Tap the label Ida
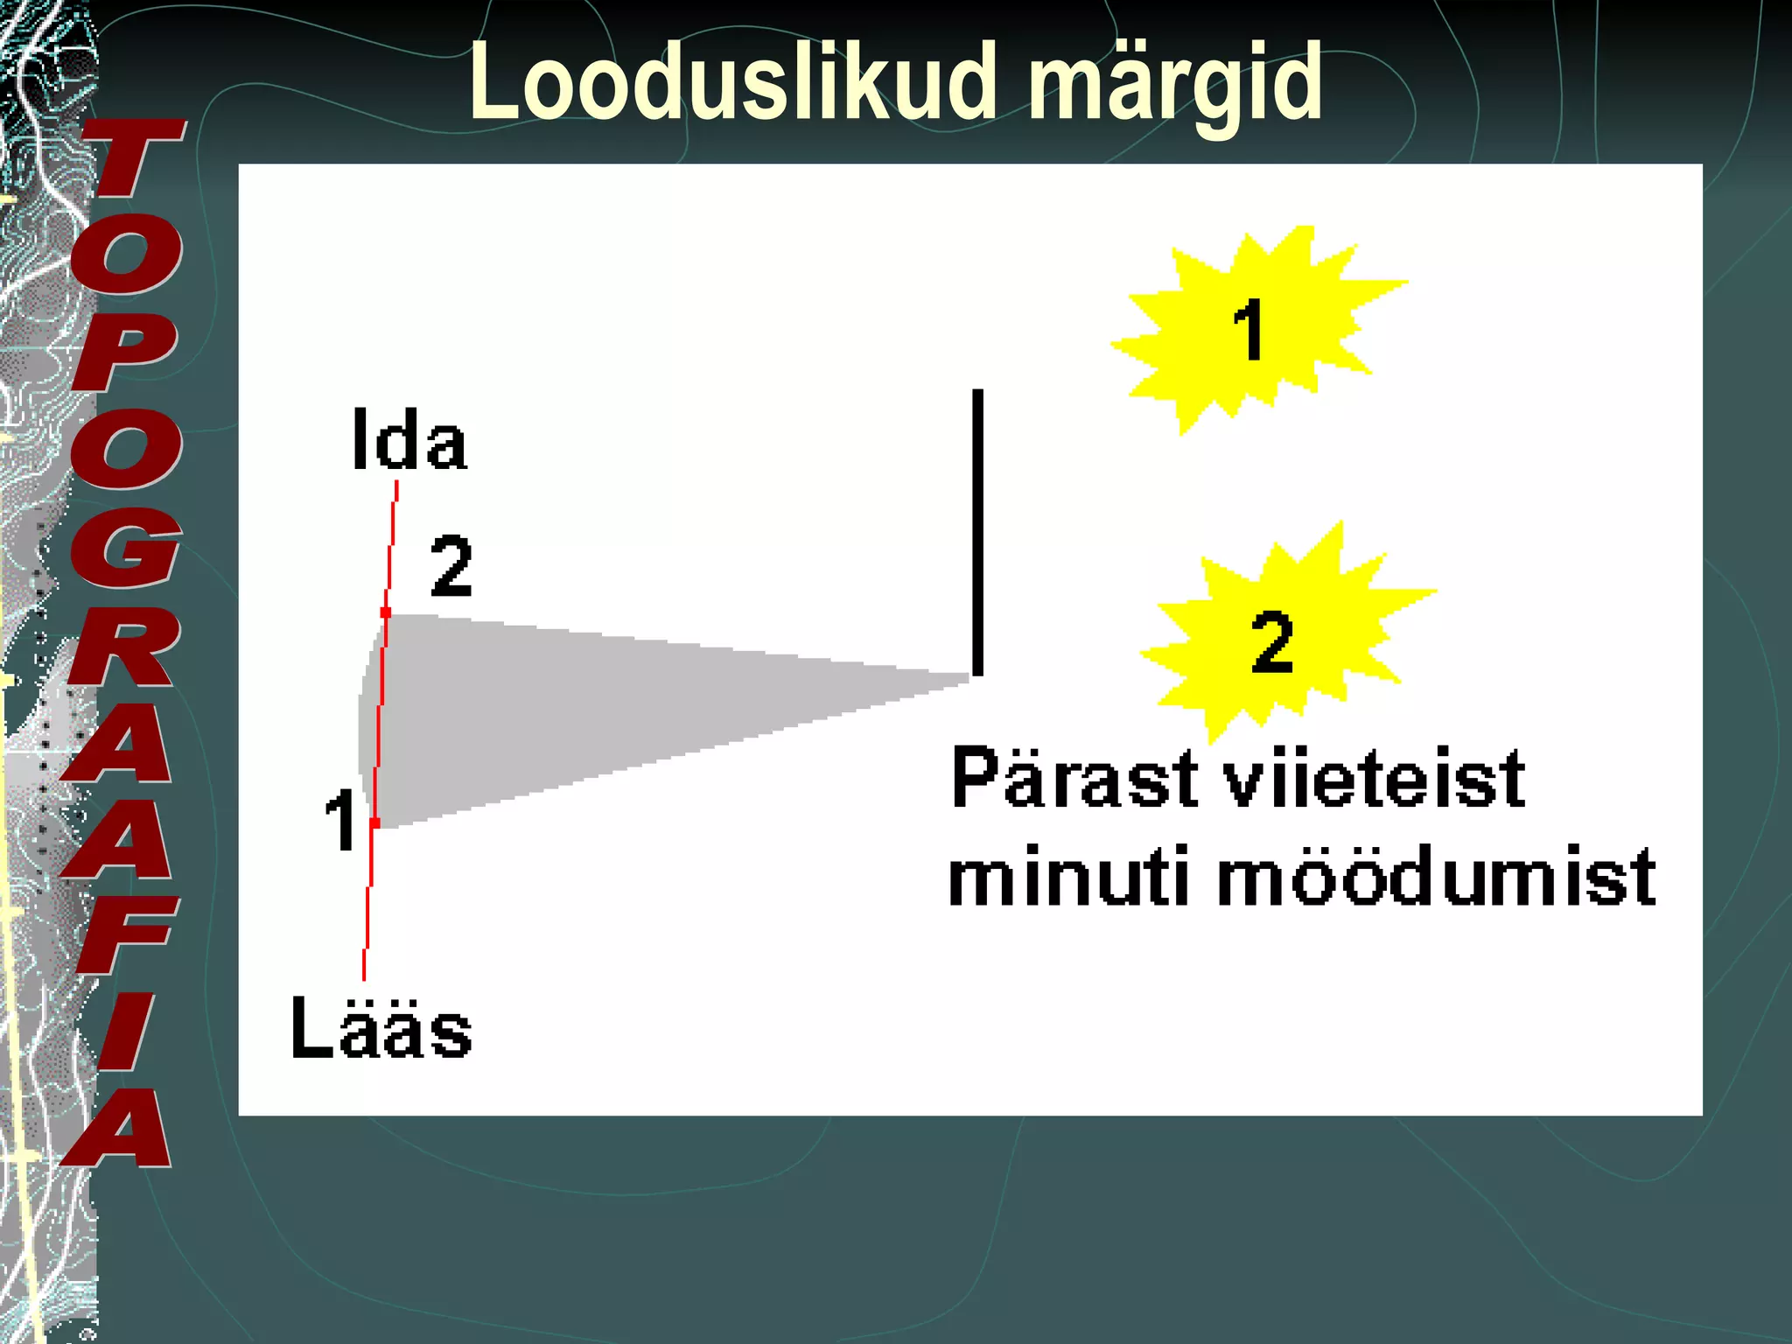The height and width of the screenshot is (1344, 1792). pos(409,440)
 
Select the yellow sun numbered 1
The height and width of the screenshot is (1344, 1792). pos(1251,328)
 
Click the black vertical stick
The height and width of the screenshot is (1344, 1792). pos(977,532)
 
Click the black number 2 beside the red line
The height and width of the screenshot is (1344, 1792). pos(451,566)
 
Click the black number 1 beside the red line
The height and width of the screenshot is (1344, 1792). pos(339,819)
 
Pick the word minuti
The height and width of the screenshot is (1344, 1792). pos(1067,877)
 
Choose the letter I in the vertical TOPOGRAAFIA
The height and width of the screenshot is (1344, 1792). pos(122,1032)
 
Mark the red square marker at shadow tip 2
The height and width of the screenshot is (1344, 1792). pos(386,612)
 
